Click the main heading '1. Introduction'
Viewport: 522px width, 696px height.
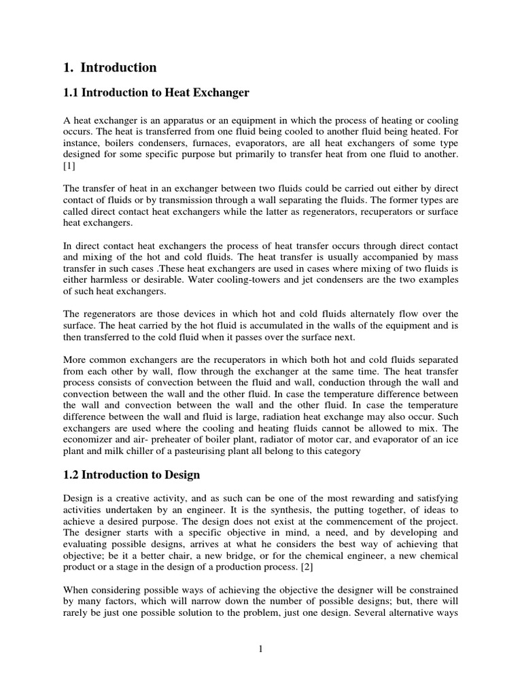click(x=109, y=67)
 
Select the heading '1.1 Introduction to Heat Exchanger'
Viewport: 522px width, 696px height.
click(x=156, y=92)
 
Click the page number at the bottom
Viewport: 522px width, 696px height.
click(x=260, y=649)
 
